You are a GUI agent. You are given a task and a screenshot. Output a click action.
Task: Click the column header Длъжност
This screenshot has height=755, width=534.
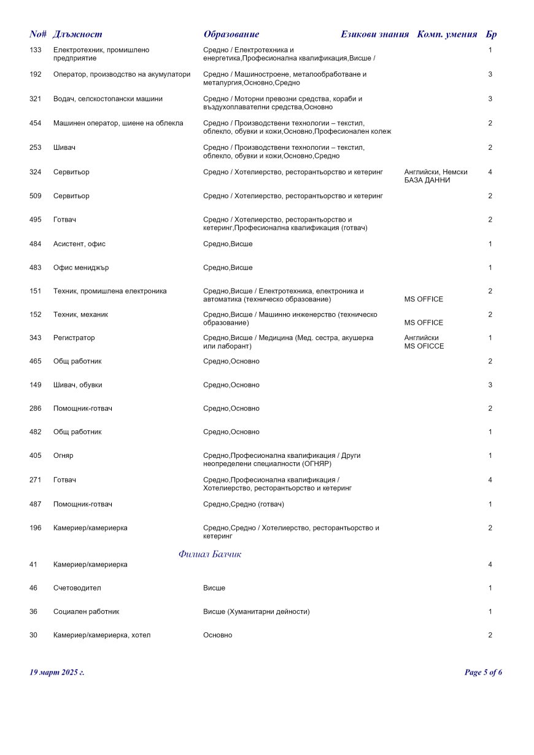77,34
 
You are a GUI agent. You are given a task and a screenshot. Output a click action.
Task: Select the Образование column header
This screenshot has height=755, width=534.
231,34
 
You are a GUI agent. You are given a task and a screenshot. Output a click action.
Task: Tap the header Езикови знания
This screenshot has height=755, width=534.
374,34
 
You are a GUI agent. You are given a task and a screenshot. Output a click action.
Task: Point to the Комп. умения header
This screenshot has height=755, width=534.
447,34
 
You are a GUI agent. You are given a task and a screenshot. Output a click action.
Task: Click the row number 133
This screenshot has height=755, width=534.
36,50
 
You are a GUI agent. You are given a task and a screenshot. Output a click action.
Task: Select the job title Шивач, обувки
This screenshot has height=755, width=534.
78,385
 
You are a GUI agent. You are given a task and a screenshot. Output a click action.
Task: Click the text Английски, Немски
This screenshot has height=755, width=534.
436,172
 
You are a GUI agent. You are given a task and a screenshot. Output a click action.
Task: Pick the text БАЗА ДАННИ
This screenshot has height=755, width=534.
427,180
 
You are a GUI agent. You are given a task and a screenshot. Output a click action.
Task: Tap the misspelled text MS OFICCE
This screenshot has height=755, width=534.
424,346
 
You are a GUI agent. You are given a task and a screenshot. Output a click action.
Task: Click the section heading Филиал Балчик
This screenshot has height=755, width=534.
210,554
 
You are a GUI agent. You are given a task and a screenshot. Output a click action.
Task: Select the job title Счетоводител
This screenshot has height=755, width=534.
77,588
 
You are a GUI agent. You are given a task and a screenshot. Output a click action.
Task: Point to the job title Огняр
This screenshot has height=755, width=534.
63,455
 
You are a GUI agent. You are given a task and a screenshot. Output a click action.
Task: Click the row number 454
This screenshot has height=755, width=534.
36,123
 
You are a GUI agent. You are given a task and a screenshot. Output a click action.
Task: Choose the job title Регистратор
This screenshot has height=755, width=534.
74,338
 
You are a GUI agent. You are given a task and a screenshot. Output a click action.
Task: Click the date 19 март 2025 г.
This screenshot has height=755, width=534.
57,672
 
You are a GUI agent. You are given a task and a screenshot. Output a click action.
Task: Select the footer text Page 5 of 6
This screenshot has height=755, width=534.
484,672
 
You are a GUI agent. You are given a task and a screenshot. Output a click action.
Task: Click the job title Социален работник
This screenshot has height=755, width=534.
87,611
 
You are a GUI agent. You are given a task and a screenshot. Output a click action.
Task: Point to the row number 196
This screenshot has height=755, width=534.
36,528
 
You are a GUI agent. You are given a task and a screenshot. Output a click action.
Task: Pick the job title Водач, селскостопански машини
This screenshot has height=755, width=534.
108,99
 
